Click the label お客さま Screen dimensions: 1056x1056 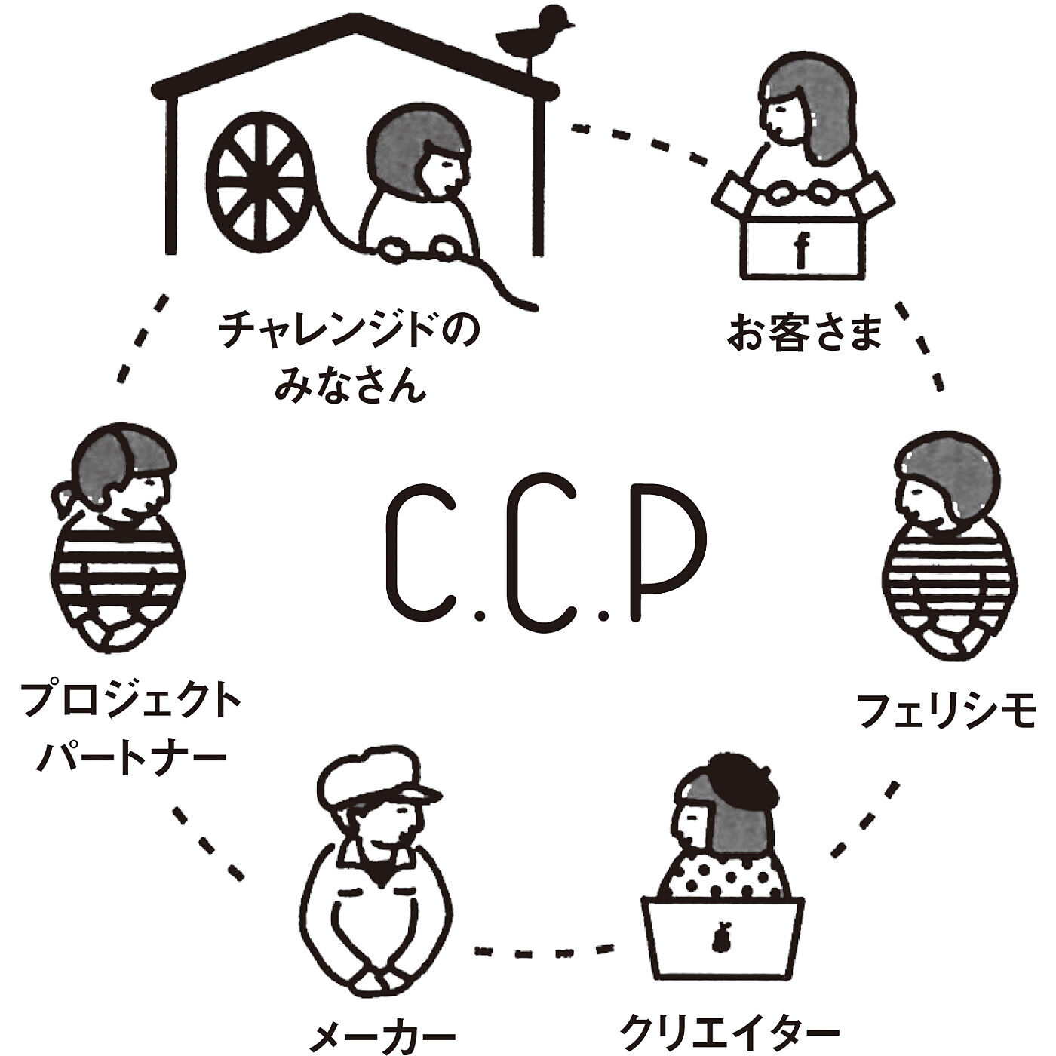coord(804,332)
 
